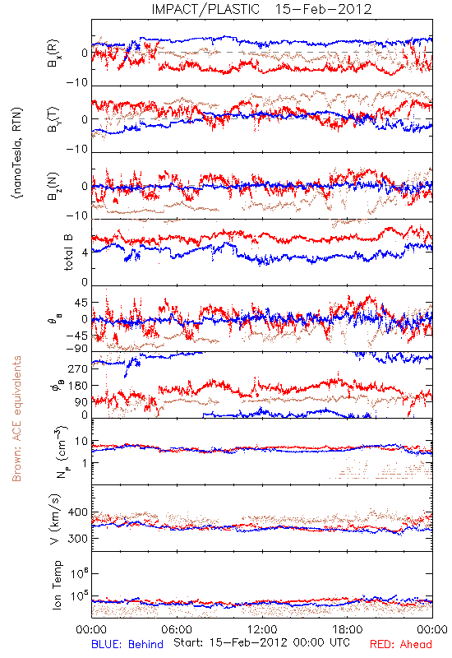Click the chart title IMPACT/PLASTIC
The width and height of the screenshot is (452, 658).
[205, 9]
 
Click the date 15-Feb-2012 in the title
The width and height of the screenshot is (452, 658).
[323, 9]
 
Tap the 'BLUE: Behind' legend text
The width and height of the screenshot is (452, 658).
[127, 644]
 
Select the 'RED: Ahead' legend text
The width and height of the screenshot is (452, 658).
[401, 644]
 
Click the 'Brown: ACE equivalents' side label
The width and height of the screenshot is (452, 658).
[16, 419]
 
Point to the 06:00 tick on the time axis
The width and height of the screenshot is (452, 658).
[177, 629]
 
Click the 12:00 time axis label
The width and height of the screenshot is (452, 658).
[262, 629]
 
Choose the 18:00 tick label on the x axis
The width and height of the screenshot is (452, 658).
[348, 629]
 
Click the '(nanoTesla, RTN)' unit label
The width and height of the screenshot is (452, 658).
[17, 153]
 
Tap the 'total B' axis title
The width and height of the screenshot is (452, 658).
[68, 253]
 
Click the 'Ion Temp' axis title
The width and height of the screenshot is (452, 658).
[57, 585]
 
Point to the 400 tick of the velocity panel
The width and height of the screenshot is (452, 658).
[78, 512]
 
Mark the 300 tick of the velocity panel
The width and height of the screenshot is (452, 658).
[78, 539]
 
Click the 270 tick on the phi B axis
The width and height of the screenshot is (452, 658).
[79, 368]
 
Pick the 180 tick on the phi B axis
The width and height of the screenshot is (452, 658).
[79, 385]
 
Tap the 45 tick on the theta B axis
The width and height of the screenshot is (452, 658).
[81, 303]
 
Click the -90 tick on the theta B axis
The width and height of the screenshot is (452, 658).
[77, 349]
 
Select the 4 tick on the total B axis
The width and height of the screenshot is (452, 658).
[85, 253]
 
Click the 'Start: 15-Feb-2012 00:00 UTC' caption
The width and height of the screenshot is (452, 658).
[261, 643]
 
